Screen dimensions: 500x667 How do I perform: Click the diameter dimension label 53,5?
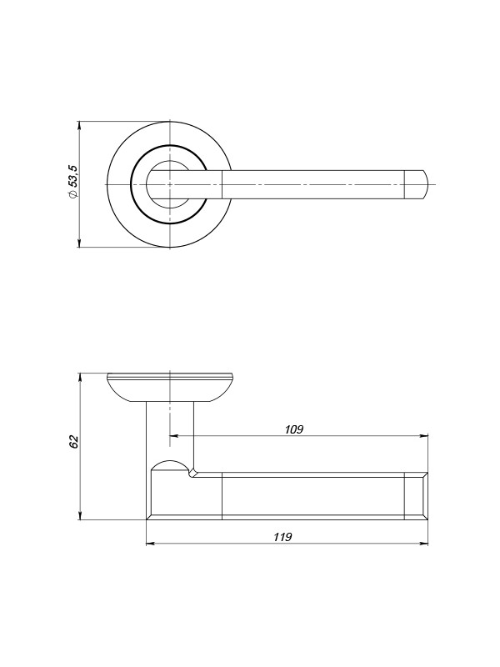coord(73,176)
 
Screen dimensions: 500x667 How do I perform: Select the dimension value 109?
coord(294,429)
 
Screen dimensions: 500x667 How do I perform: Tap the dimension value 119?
coord(282,537)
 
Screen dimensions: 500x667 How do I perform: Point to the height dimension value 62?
coord(74,442)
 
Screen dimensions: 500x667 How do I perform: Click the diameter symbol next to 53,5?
coord(73,194)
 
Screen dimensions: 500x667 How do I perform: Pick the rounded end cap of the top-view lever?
coord(415,184)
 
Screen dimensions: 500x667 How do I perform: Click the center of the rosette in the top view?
coord(170,184)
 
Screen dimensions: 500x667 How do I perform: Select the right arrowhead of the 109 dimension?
coord(424,435)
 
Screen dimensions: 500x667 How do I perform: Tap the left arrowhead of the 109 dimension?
coord(174,435)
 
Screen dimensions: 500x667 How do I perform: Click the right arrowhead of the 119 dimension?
coord(424,544)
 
